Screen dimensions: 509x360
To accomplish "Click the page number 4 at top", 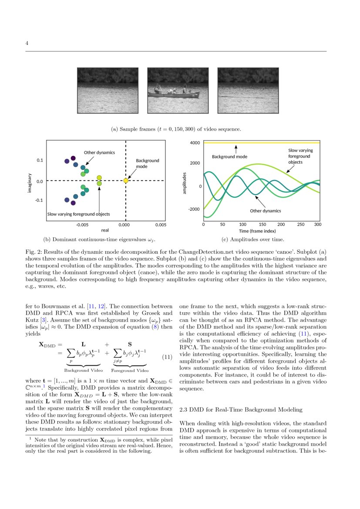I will [27, 43].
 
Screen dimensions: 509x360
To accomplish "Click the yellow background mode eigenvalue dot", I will [125, 180].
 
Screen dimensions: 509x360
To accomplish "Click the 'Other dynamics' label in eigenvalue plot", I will [99, 153].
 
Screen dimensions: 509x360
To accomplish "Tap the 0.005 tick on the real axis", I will [161, 225].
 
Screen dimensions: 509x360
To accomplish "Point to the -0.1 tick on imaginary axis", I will [39, 200].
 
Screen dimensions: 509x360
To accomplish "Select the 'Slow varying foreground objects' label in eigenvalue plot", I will [78, 214].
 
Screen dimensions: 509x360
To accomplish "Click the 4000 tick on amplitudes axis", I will [195, 143].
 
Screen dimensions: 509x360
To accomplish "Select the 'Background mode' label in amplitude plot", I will [229, 156].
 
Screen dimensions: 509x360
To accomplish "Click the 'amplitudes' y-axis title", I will [185, 183].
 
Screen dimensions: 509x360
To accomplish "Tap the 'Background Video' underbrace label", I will [84, 371].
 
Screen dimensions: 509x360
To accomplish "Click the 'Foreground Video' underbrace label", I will [130, 371].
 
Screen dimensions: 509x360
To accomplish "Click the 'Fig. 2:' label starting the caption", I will [34, 252].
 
